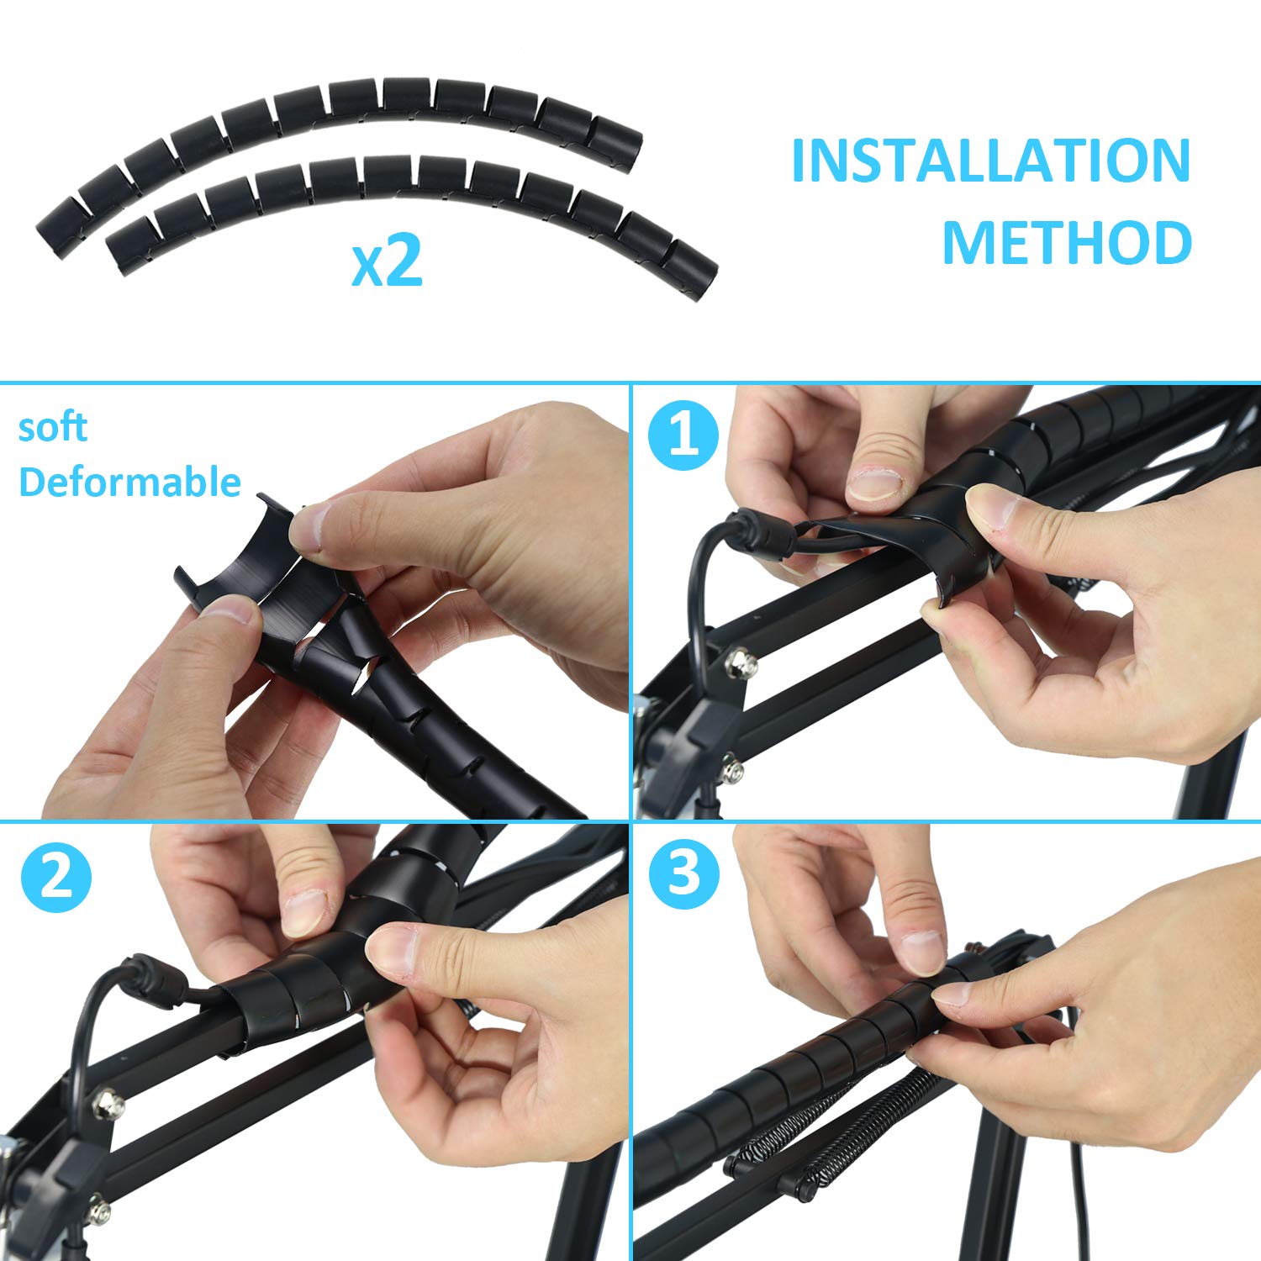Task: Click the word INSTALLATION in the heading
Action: click(991, 161)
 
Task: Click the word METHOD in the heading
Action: click(1067, 242)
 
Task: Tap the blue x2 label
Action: click(387, 262)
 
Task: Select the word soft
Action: click(52, 427)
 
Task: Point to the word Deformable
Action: click(129, 482)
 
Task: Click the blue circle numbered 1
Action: click(683, 438)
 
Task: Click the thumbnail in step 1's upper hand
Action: click(874, 483)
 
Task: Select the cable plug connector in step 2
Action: click(151, 983)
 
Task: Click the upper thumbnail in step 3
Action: click(923, 950)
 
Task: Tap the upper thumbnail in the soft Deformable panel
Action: click(308, 526)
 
